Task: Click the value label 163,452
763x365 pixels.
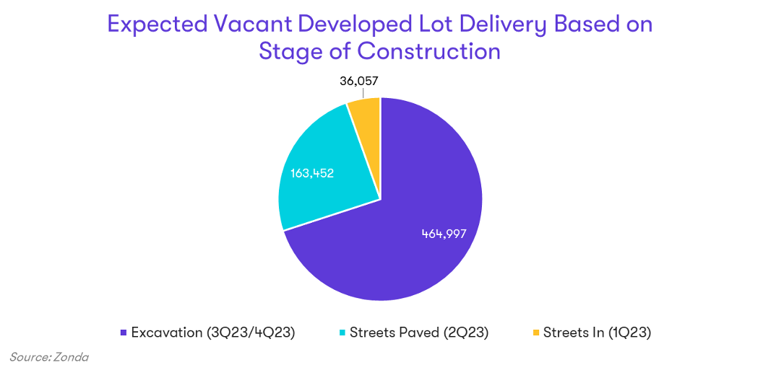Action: pos(312,173)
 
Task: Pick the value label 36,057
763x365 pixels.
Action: pos(359,81)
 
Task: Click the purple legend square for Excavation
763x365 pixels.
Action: pos(125,333)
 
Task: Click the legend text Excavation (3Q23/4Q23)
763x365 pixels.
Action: pos(213,333)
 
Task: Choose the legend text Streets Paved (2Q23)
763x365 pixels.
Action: pos(419,333)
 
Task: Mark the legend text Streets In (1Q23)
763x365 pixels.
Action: pos(597,333)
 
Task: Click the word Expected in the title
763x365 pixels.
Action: pos(158,24)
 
